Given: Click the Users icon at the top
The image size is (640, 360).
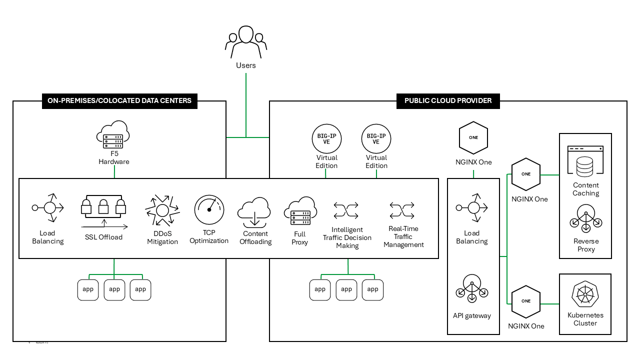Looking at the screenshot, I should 245,42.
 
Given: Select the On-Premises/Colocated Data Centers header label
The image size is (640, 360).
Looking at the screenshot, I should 119,100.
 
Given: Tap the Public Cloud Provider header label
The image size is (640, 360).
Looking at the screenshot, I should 448,100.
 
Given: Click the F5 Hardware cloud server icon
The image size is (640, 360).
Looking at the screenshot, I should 113,135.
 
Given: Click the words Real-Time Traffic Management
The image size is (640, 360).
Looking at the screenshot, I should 403,236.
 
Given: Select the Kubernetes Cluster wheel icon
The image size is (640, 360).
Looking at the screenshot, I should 585,293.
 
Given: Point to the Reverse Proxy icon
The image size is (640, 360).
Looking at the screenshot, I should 585,219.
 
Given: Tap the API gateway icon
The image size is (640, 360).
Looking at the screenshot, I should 472,289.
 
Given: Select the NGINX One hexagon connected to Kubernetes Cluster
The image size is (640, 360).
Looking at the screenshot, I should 526,301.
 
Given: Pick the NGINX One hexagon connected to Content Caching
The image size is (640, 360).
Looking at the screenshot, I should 526,174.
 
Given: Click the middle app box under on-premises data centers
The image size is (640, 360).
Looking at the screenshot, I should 114,289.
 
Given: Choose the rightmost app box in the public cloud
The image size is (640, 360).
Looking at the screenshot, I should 372,289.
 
